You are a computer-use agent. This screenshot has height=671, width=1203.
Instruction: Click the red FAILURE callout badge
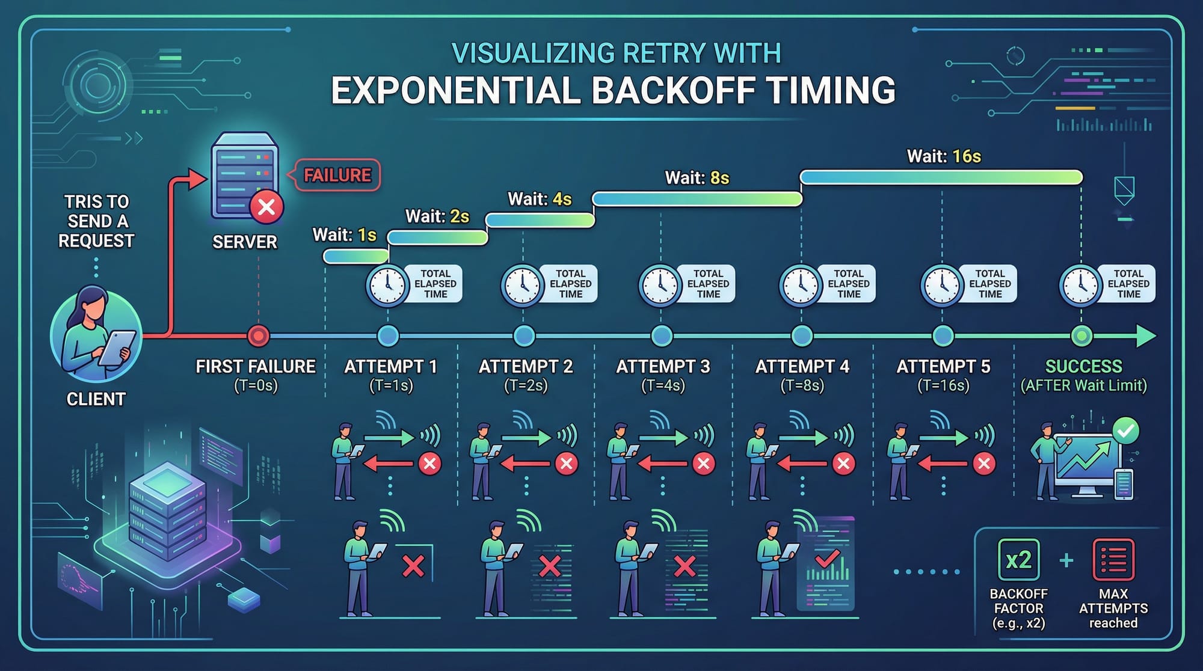337,175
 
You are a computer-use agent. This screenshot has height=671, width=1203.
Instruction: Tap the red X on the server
266,207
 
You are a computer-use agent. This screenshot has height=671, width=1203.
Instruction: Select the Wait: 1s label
345,234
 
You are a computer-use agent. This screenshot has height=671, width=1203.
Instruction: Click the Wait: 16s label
944,156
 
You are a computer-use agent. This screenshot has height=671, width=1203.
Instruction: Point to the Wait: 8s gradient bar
697,199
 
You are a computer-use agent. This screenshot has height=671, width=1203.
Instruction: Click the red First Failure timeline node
259,335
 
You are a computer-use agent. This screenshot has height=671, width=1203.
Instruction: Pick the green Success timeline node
1081,335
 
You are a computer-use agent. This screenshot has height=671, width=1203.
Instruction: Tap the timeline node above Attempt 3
662,335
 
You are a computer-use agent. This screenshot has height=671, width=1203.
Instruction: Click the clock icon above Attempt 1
387,286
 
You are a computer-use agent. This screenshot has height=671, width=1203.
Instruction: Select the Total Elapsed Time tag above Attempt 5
990,284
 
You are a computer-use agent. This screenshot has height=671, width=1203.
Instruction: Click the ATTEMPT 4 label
802,366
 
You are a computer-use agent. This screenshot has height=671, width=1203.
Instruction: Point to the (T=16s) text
943,385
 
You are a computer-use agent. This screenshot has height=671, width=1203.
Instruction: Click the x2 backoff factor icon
1018,560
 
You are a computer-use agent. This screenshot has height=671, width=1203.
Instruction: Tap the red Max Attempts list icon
1113,560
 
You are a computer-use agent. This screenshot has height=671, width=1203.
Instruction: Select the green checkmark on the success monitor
1126,430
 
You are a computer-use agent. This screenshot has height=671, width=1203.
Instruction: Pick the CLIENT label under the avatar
96,399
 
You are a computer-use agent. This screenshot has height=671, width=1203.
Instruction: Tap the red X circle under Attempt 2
566,464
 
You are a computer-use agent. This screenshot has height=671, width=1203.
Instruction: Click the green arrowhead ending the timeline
1146,335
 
